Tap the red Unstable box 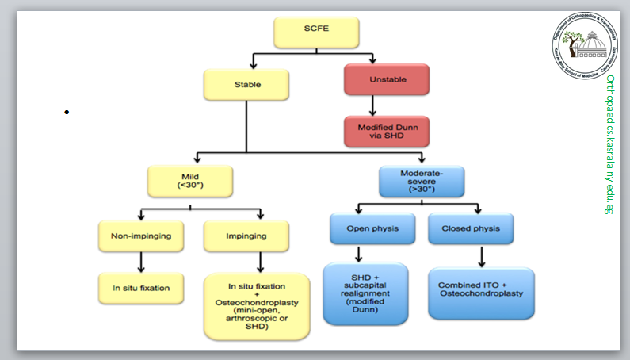(x=386, y=81)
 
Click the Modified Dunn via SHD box (x=386, y=132)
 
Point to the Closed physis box (x=470, y=229)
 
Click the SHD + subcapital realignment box (x=365, y=293)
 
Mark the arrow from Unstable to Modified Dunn (x=372, y=106)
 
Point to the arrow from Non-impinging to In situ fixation (x=140, y=262)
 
